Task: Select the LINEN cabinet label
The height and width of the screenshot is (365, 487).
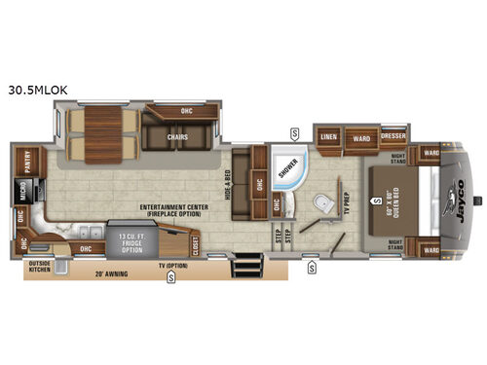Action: [329, 137]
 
